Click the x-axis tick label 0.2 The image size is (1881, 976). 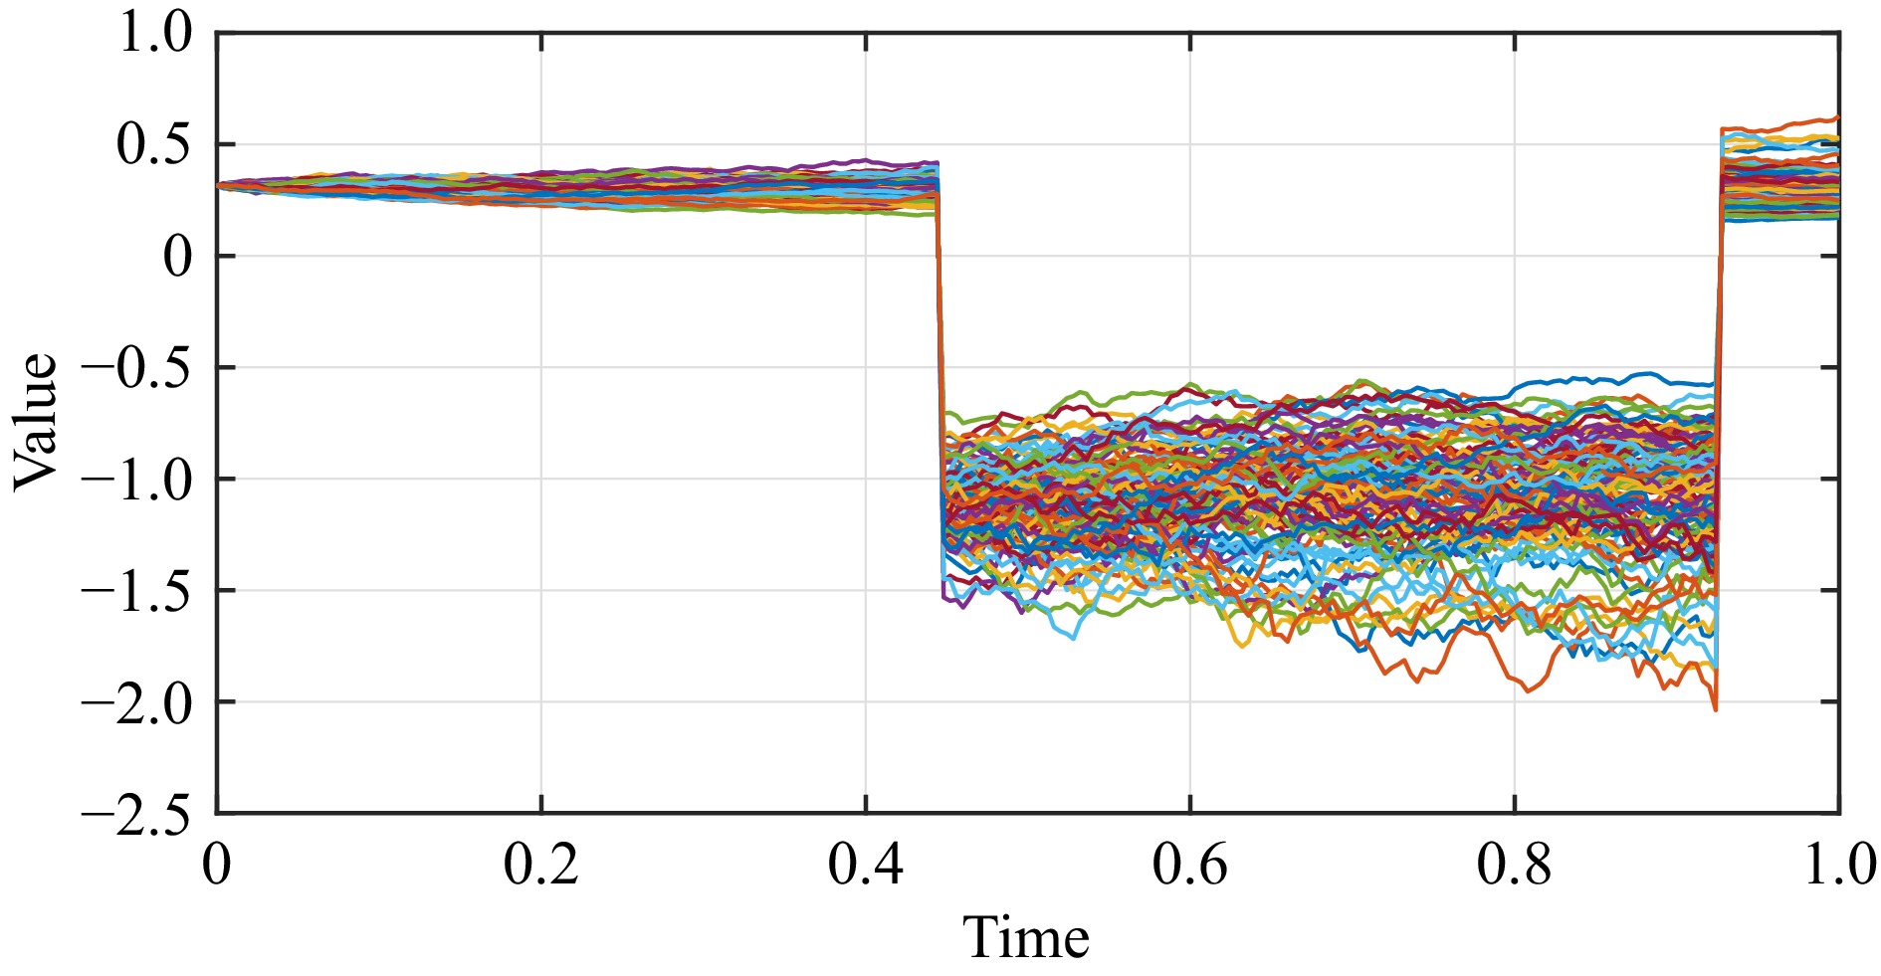541,866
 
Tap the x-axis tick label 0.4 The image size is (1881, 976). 866,866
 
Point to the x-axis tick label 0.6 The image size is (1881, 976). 1190,866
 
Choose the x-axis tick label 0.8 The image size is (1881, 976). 1515,866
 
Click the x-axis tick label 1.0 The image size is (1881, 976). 1839,866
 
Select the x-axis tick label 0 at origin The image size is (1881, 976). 217,866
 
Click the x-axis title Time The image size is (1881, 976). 1026,938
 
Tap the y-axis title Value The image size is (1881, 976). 36,422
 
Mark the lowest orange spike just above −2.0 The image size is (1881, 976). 1715,708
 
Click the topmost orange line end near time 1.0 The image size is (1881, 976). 1835,117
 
